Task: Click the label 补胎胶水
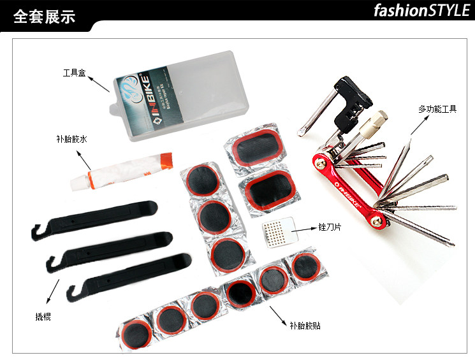[71, 138]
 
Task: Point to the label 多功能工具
[437, 110]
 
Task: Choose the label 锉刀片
[330, 227]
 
